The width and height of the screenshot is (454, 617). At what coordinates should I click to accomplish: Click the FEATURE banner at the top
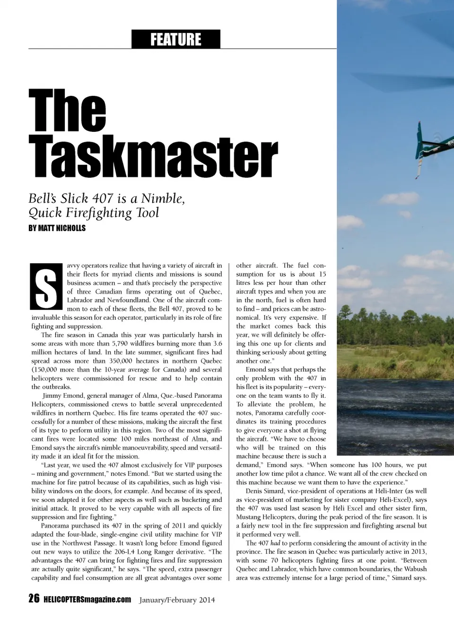pos(175,39)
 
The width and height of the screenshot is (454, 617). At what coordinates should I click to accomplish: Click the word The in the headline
pos(67,112)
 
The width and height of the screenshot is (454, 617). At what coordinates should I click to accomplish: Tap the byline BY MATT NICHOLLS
pos(57,228)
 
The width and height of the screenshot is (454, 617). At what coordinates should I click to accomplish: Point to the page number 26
pos(34,599)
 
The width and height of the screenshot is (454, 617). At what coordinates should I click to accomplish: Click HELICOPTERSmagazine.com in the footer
pos(87,600)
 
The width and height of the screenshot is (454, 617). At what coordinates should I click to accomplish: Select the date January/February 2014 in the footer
pos(177,600)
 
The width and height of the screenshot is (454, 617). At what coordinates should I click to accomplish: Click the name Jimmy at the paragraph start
pos(52,396)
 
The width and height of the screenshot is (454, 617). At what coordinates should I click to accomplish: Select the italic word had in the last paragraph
pos(275,543)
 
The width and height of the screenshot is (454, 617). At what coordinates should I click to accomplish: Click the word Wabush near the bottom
pos(416,569)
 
